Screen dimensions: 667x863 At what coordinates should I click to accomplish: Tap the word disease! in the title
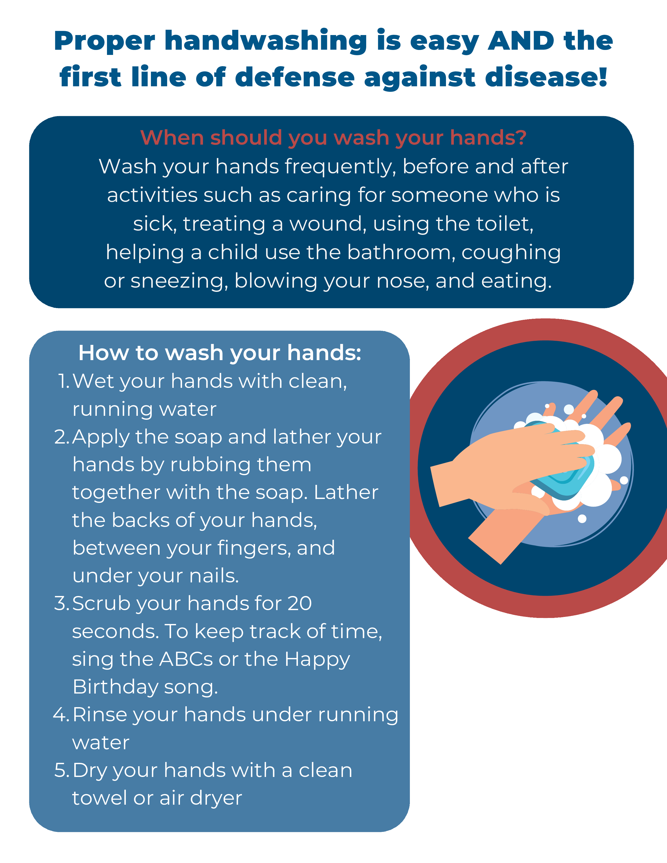coord(546,77)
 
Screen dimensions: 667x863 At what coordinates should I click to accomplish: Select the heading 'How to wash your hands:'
coord(220,353)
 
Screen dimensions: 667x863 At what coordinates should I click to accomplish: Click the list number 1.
coord(64,381)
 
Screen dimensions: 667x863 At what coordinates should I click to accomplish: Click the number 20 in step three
coord(299,603)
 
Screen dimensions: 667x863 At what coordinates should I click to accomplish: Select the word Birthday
coord(115,688)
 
